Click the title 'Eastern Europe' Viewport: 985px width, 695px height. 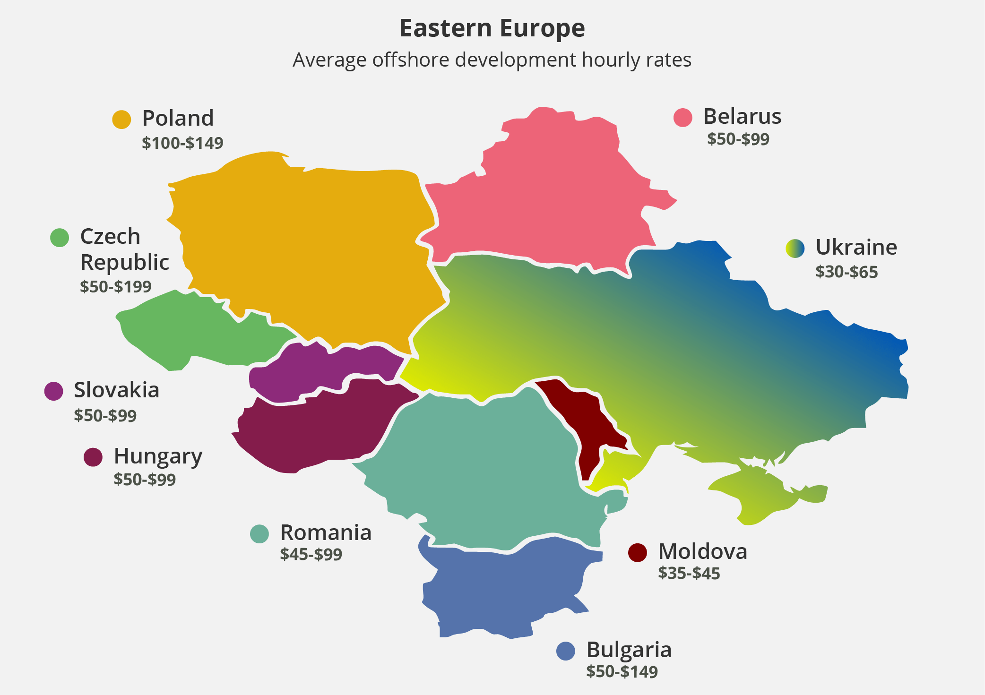[492, 28]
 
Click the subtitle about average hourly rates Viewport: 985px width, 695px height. [492, 60]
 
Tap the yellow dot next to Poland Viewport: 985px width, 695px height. [121, 120]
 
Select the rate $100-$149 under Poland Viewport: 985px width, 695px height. [182, 143]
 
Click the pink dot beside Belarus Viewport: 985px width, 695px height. [683, 117]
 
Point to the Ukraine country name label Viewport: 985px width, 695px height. [856, 247]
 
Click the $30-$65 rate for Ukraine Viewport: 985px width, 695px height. [846, 272]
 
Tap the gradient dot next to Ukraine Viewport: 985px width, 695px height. [795, 248]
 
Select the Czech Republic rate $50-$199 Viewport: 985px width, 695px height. [116, 286]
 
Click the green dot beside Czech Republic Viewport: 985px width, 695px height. [60, 237]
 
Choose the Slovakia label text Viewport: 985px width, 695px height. [116, 390]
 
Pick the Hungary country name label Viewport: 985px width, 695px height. [158, 456]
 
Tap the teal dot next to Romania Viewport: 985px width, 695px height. [259, 534]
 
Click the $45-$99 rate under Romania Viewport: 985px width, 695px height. [311, 554]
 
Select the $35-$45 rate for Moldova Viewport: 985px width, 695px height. [689, 573]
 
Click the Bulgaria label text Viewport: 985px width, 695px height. [629, 650]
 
